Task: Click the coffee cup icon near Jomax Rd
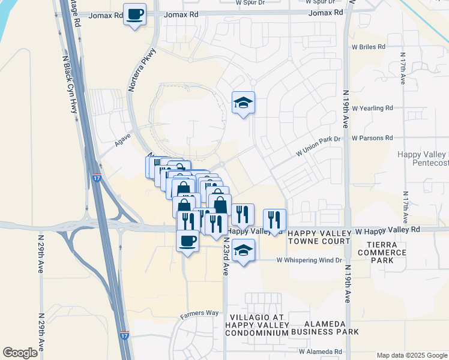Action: pyautogui.click(x=135, y=14)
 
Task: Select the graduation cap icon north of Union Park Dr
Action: pyautogui.click(x=244, y=103)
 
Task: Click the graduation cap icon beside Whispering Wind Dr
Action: pyautogui.click(x=243, y=250)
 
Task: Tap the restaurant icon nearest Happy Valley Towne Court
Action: pyautogui.click(x=274, y=220)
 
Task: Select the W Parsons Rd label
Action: pyautogui.click(x=372, y=138)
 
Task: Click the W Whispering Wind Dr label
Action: pyautogui.click(x=309, y=260)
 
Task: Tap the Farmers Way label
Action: pyautogui.click(x=199, y=313)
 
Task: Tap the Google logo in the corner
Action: pyautogui.click(x=20, y=352)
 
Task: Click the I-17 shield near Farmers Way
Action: pyautogui.click(x=124, y=336)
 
